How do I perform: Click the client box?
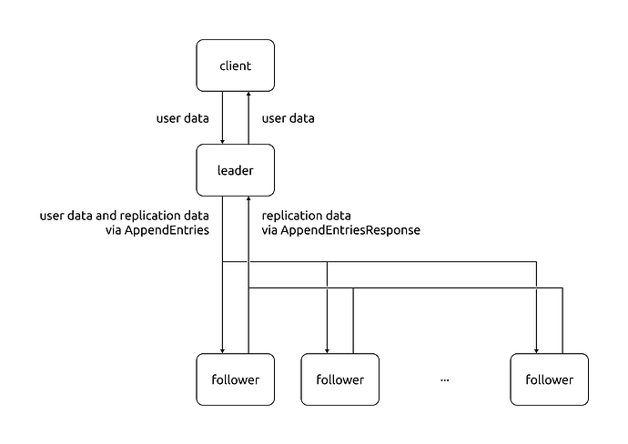click(235, 66)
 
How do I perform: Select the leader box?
click(235, 170)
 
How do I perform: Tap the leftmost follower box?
click(235, 378)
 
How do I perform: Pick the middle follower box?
click(339, 378)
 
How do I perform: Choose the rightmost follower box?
click(549, 378)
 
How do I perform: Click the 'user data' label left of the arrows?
click(183, 118)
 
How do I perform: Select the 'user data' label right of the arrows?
click(289, 118)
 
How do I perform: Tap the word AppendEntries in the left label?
click(169, 231)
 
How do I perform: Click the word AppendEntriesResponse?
click(350, 231)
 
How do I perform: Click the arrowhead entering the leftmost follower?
click(222, 349)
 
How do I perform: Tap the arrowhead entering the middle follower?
click(327, 349)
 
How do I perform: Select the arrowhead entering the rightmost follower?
click(536, 349)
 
